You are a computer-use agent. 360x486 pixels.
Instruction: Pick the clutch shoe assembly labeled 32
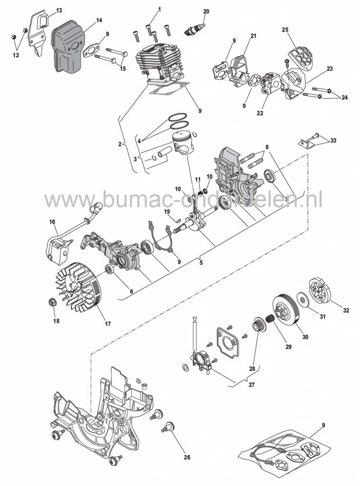point(321,290)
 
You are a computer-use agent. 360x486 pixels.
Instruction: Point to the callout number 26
point(187,458)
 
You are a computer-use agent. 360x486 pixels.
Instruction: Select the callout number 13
point(58,10)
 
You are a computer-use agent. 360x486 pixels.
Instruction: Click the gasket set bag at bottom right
point(285,454)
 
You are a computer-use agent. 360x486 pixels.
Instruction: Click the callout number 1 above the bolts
point(159,9)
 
